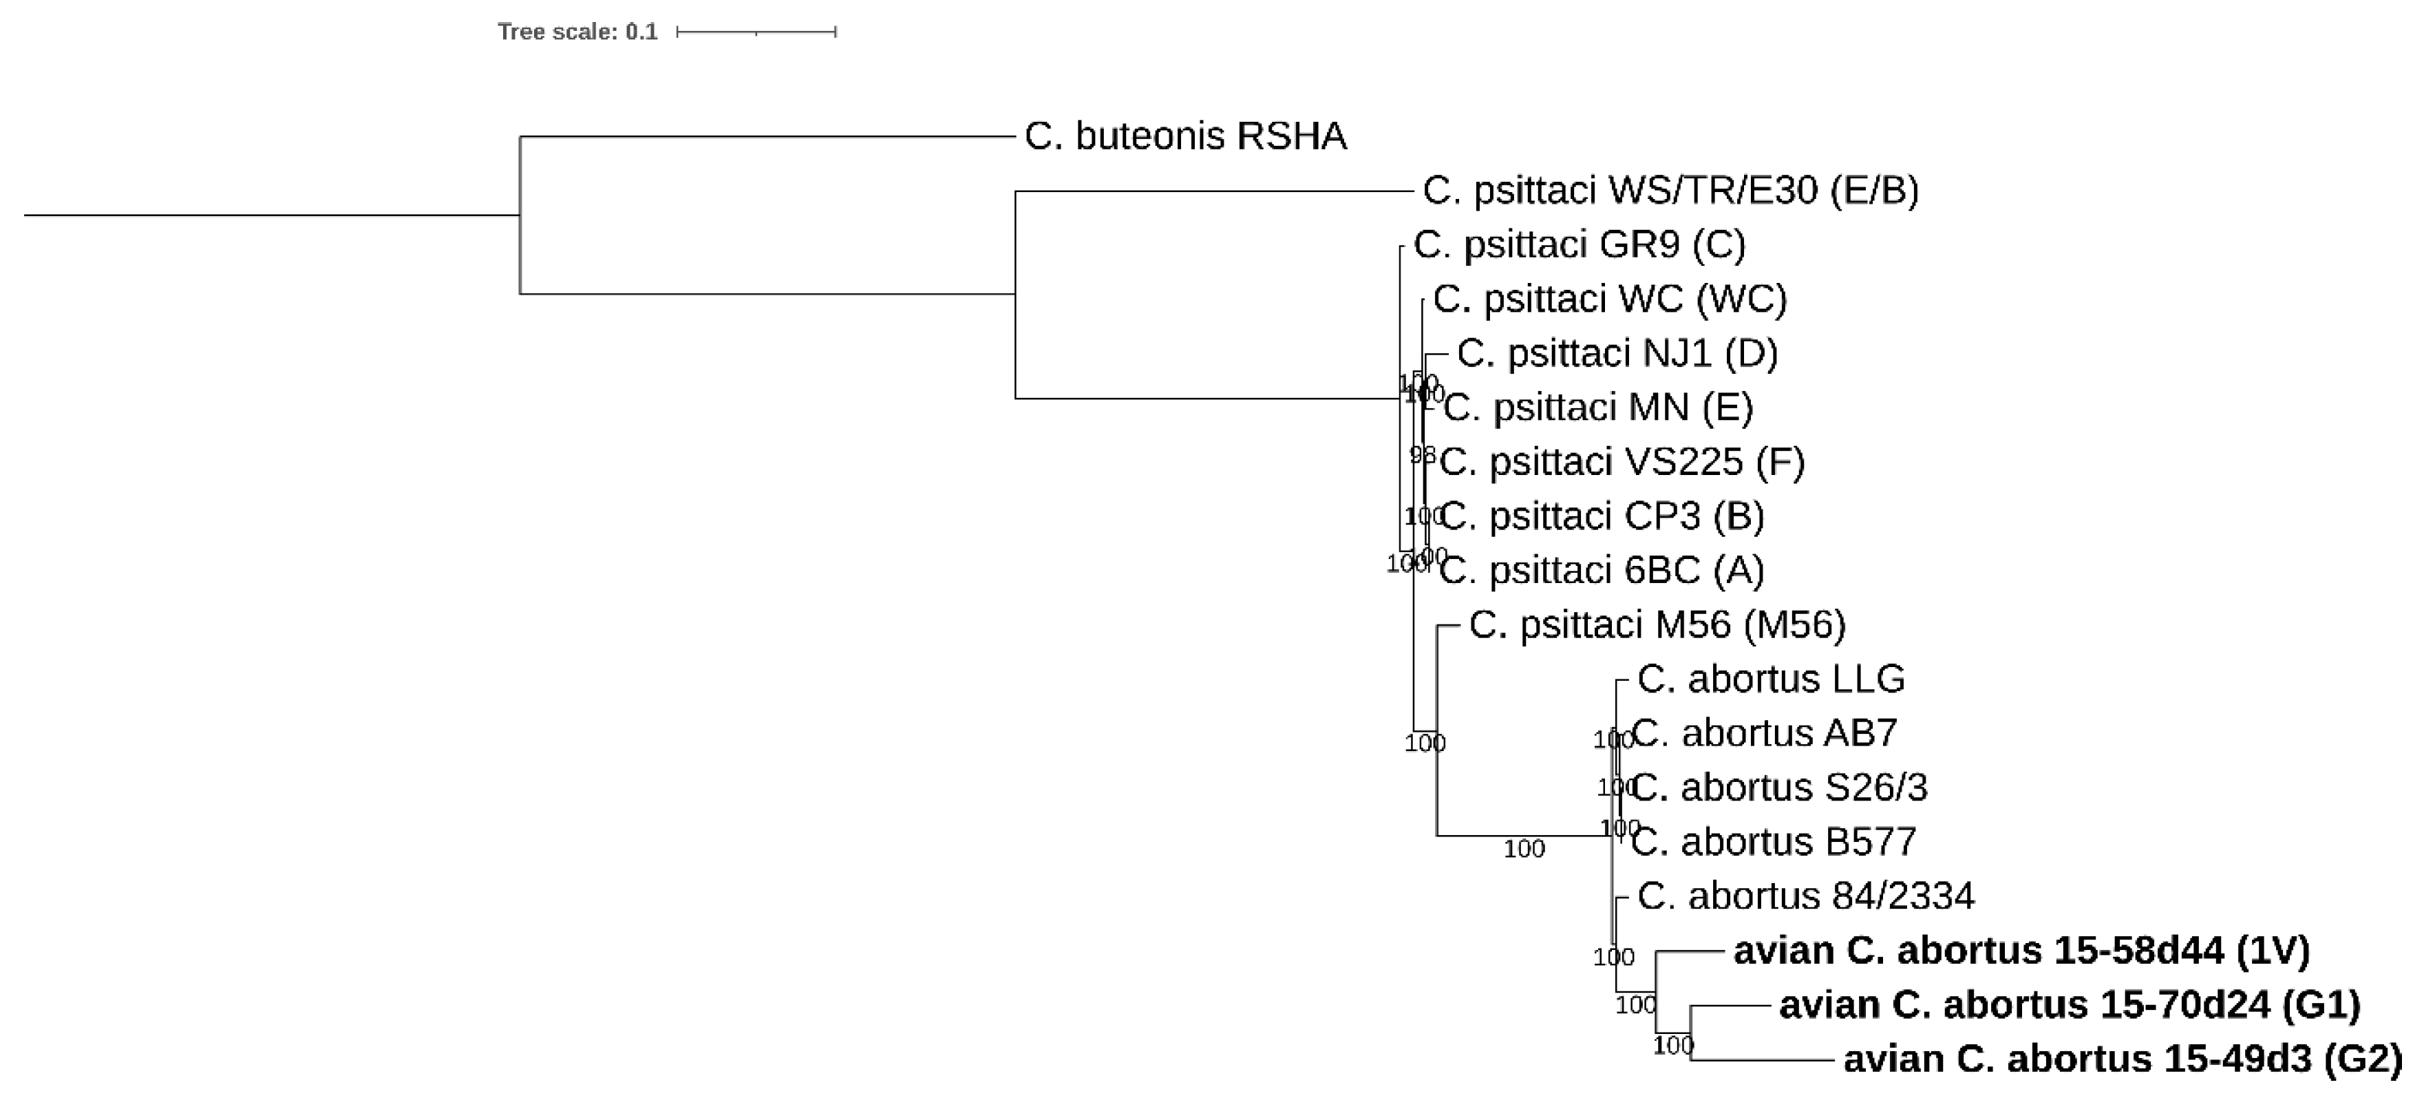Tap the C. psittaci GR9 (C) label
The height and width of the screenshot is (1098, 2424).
[x=1579, y=244]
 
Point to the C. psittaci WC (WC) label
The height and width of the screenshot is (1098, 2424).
[x=1609, y=299]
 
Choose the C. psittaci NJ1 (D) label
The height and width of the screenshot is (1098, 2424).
[x=1617, y=354]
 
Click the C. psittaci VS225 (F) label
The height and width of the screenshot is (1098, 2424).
[x=1622, y=462]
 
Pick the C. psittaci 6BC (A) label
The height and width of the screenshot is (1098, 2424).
[x=1602, y=570]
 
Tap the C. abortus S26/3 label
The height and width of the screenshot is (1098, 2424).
[x=1778, y=788]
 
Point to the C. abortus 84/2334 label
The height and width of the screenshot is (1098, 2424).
[x=1805, y=896]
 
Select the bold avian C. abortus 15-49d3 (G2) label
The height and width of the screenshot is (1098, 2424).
[x=2122, y=1059]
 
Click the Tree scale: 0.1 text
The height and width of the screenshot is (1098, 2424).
[x=577, y=32]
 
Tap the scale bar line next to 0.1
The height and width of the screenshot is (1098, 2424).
[x=756, y=32]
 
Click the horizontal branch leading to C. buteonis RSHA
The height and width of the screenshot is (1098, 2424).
[x=767, y=136]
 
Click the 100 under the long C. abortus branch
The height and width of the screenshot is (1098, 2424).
[x=1524, y=849]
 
